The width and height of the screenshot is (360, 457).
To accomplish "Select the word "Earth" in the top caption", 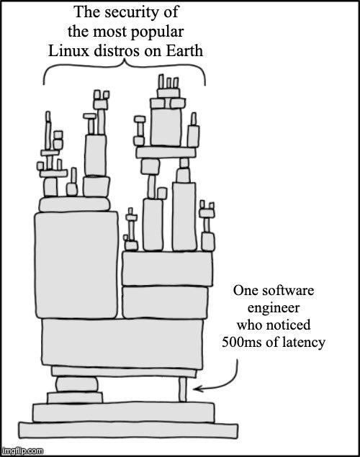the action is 184,50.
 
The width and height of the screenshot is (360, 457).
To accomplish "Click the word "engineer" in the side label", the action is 274,308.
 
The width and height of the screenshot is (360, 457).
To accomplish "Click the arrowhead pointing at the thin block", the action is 197,389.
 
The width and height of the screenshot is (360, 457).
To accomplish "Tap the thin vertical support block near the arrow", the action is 182,389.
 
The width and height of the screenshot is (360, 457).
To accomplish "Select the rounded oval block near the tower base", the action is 76,384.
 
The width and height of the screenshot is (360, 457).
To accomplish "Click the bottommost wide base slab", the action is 128,430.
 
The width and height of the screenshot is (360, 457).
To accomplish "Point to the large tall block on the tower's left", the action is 76,265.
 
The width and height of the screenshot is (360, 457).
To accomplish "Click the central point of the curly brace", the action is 125,60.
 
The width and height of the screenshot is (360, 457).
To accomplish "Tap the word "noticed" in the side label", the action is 289,325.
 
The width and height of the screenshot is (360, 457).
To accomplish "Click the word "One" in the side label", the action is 243,291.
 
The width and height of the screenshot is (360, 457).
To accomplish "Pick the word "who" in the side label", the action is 250,325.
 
